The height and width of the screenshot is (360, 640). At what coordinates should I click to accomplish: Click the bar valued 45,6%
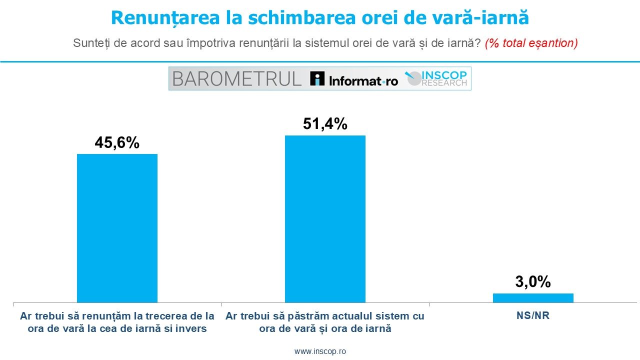117,228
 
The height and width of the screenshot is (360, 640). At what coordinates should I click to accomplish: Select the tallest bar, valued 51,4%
325,219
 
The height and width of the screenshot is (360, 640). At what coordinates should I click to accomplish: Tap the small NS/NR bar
533,297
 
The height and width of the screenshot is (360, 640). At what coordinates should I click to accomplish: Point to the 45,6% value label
117,142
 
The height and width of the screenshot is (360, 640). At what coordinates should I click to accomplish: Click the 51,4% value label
325,124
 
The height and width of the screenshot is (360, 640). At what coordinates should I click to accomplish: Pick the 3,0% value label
533,281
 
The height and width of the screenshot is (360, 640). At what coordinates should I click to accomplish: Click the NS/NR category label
533,315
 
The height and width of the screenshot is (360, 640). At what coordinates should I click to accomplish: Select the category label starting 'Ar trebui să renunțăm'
117,322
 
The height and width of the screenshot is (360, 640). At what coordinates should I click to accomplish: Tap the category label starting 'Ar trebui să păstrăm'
325,322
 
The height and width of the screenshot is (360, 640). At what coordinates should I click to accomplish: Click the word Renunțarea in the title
165,17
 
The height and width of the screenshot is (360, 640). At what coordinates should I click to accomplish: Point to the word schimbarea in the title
301,17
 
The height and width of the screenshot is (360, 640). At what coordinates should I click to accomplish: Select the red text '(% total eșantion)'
531,43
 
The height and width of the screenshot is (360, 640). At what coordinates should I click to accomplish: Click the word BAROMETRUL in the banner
237,79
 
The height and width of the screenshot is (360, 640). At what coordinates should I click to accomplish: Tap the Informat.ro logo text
363,81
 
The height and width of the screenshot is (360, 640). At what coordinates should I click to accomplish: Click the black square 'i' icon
317,78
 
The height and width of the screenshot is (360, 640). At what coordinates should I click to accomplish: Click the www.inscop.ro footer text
320,351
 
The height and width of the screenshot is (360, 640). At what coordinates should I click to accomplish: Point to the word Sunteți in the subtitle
91,43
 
